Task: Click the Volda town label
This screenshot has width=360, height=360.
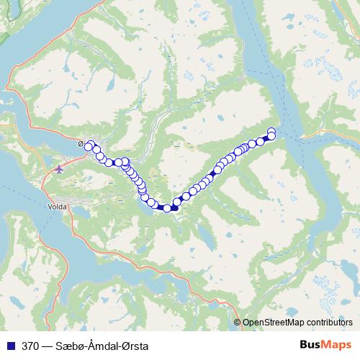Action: [x=58, y=206]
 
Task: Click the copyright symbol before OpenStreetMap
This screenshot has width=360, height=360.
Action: [x=238, y=322]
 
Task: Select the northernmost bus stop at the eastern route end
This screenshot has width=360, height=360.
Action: [x=271, y=131]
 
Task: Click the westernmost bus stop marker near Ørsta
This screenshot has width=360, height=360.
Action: [x=89, y=147]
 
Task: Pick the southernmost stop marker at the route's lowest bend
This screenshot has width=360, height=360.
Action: [x=167, y=209]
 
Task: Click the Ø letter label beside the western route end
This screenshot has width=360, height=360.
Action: [x=81, y=143]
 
